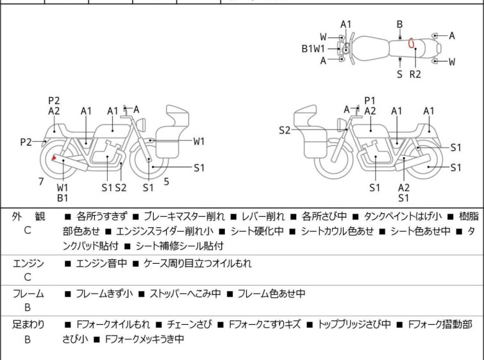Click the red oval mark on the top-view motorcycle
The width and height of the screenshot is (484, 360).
point(411,44)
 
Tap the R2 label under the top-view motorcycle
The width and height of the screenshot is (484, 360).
point(415,74)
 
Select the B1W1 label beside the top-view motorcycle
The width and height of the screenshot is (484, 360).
point(313,48)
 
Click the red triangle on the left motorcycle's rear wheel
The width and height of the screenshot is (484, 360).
point(54,158)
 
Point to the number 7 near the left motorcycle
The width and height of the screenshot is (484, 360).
point(41,182)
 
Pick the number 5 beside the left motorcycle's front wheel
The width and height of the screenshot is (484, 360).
point(167,182)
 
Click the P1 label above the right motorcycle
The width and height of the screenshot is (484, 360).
point(369,100)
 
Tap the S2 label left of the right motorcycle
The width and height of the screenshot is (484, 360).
point(285,130)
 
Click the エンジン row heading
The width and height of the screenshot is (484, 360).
point(28,263)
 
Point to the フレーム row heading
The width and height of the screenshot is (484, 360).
point(28,294)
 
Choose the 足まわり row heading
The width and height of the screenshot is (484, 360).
point(28,325)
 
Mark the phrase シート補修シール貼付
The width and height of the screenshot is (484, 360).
point(179,245)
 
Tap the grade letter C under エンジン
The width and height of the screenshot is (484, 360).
point(28,277)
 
